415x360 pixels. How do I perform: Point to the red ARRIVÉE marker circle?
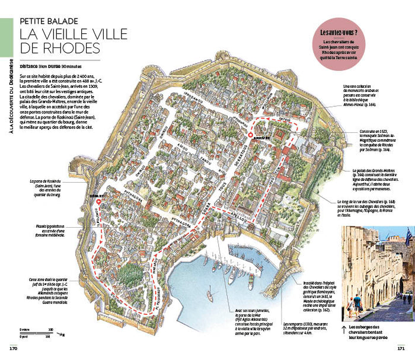[250, 136]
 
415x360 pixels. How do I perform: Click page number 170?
[11, 348]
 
